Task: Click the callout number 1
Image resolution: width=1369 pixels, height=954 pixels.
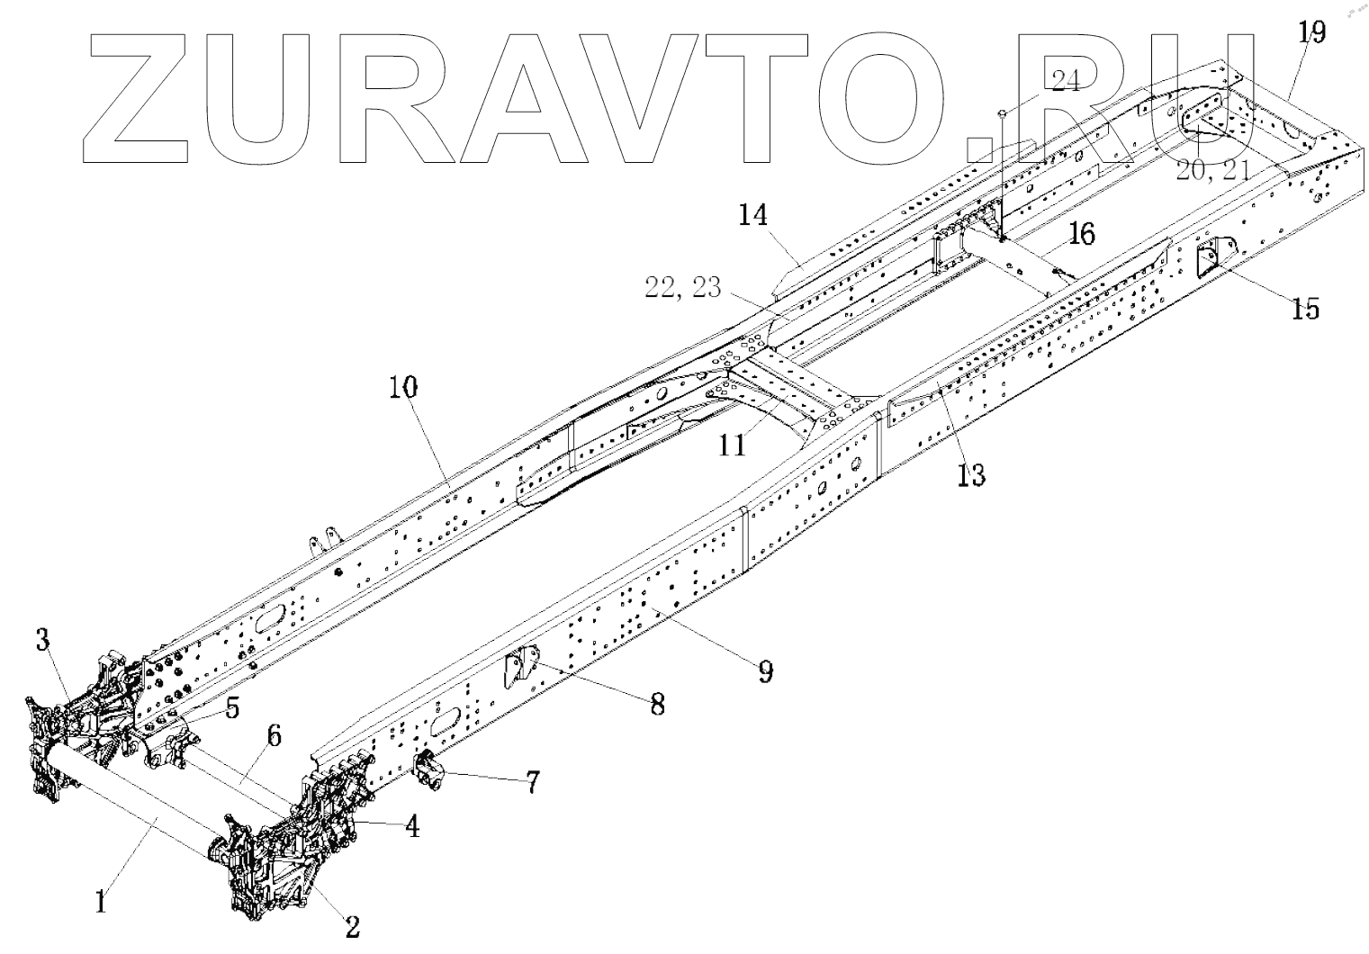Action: click(x=102, y=901)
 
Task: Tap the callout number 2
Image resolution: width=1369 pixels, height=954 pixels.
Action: click(x=352, y=926)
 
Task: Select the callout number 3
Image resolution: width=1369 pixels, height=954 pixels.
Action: click(x=42, y=640)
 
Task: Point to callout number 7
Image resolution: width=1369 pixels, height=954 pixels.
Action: click(x=533, y=782)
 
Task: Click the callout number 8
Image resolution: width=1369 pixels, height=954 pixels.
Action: click(x=658, y=703)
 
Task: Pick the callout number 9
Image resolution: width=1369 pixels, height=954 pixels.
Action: click(x=765, y=670)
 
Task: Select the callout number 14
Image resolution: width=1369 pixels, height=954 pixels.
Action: click(x=752, y=216)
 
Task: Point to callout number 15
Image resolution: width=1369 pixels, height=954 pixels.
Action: click(x=1305, y=309)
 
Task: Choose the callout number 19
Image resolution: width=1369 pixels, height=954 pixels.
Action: click(x=1311, y=33)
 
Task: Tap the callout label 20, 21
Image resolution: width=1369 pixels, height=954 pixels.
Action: click(x=1212, y=169)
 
